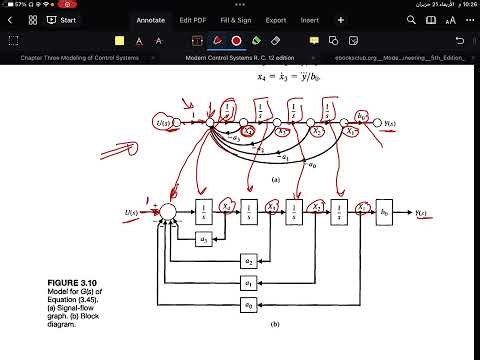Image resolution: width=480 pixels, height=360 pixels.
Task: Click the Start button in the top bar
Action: point(63,19)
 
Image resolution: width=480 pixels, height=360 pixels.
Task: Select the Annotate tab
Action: point(150,19)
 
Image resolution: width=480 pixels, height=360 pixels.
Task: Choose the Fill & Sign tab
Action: point(236,19)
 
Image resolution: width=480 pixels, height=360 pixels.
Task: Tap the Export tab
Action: point(275,19)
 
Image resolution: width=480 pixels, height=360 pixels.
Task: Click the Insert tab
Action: point(310,19)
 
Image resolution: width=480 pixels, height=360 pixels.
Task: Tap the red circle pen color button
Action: point(237,41)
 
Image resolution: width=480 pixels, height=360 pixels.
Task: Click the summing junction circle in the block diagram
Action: point(169,212)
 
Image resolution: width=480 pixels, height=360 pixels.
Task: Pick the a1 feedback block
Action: point(248,282)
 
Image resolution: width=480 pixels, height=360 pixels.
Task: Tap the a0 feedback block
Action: point(248,303)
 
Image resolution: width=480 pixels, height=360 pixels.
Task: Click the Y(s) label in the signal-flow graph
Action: point(391,125)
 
